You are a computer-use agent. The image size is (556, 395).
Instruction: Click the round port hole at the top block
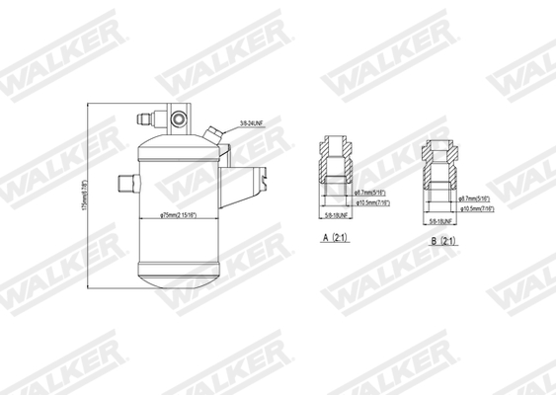point(180,119)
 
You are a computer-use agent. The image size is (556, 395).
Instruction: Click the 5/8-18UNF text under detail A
point(339,213)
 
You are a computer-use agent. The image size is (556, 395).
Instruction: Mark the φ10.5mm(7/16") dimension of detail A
point(371,201)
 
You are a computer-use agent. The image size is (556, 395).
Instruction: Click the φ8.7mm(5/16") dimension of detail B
point(476,199)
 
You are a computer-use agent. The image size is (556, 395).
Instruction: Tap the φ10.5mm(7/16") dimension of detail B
point(480,207)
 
